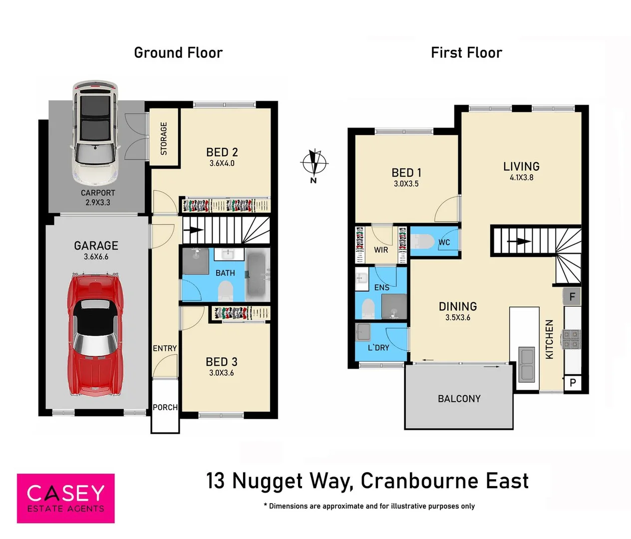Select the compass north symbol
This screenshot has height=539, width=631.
314,163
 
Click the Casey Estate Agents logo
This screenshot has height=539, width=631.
66,498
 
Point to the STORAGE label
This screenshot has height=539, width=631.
164,138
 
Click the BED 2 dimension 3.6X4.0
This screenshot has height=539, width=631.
222,163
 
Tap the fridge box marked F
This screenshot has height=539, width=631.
572,296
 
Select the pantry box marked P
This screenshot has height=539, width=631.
573,383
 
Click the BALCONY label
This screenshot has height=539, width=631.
459,399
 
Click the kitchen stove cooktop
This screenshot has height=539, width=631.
571,339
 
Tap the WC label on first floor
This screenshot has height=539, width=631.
444,243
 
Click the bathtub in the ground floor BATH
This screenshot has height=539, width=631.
258,274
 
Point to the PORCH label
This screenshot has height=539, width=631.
165,407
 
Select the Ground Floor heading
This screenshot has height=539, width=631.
178,53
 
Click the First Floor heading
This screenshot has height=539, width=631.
466,53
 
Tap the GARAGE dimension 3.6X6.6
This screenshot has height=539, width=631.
96,257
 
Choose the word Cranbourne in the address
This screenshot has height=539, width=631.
419,481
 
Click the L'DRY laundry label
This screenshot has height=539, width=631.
378,347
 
